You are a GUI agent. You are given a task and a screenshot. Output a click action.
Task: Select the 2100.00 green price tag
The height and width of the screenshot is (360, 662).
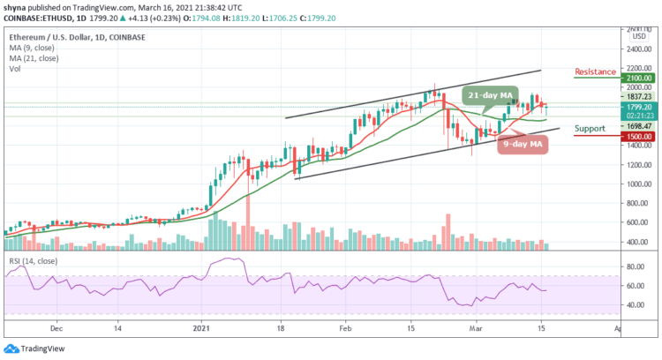click(x=634, y=78)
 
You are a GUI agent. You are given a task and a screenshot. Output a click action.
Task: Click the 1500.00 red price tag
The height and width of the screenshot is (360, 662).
click(x=634, y=137)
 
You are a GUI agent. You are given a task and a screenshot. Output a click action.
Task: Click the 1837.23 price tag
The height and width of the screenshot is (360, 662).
click(x=634, y=97)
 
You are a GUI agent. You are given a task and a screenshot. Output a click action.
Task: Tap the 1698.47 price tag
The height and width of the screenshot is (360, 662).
click(x=634, y=126)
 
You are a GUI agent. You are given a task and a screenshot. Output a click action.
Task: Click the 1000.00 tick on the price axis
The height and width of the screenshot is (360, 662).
click(x=634, y=184)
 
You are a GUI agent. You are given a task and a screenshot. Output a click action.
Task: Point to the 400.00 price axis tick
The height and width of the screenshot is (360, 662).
click(x=634, y=242)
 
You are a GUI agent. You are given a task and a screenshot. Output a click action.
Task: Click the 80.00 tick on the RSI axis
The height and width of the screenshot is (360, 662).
click(x=632, y=266)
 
